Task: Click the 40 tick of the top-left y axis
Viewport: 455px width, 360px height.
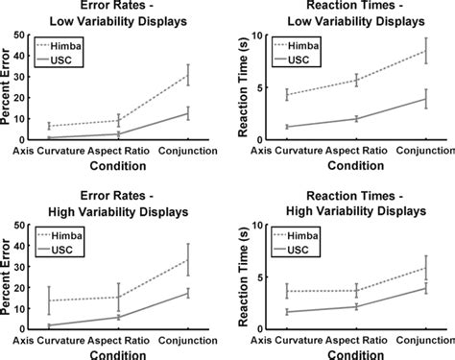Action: click(x=32, y=36)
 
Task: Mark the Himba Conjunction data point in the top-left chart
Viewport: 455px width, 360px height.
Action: click(x=188, y=75)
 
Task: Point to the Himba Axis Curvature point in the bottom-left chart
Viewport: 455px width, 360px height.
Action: click(x=49, y=300)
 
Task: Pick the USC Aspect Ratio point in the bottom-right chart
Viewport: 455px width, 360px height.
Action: click(x=355, y=306)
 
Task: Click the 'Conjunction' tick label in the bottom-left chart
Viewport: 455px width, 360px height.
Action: click(x=188, y=338)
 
